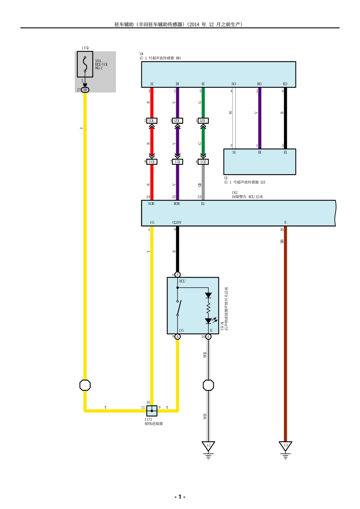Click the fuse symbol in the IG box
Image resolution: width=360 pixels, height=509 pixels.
tap(85, 64)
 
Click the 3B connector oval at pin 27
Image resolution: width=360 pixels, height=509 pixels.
tap(85, 90)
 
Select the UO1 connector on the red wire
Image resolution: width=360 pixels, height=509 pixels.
tap(152, 121)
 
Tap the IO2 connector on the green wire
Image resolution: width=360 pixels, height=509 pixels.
tap(203, 162)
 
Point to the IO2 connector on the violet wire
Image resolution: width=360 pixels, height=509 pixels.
tap(177, 162)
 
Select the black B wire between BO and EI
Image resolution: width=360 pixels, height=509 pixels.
tap(285, 117)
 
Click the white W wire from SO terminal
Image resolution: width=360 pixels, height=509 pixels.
tap(234, 117)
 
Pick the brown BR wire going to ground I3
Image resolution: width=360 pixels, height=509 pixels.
tap(285, 333)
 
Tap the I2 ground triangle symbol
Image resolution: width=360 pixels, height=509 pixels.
tap(208, 446)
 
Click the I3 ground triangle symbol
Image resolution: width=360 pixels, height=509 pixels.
tap(285, 446)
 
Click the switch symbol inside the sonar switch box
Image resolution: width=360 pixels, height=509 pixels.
tap(178, 308)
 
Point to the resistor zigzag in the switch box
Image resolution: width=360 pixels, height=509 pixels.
tap(208, 308)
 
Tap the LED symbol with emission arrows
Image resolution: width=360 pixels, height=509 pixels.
tap(208, 321)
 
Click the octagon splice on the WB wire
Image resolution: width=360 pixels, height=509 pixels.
tap(208, 385)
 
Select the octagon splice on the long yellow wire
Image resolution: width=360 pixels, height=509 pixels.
tap(85, 385)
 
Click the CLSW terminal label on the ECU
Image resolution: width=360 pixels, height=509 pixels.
tap(177, 223)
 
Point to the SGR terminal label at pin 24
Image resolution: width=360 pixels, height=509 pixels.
tap(151, 204)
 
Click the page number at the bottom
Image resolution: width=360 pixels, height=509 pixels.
tap(180, 497)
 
